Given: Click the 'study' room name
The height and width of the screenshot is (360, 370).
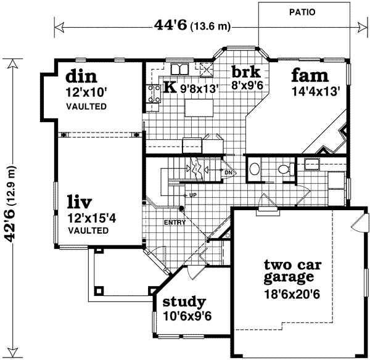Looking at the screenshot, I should point(184,302).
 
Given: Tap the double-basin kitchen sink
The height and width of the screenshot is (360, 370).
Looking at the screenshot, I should point(179,68).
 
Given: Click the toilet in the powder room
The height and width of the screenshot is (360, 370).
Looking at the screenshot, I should point(284,168).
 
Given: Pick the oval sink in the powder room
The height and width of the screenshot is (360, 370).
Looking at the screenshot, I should point(254,168).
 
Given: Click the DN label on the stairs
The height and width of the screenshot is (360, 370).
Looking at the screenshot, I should point(228,172).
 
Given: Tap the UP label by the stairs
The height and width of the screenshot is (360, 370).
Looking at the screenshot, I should point(192,195).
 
